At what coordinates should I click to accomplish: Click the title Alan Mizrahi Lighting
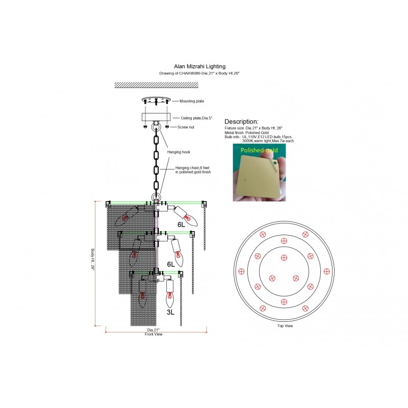[x=199, y=67]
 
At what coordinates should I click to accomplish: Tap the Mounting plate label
[x=192, y=101]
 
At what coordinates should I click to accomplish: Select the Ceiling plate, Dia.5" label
[x=196, y=118]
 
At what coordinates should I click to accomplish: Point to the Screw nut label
[x=186, y=127]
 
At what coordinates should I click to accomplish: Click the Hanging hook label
[x=179, y=152]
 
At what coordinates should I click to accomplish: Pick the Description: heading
[x=241, y=122]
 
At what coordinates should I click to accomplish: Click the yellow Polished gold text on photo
[x=259, y=150]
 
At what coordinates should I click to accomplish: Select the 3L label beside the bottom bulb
[x=170, y=312]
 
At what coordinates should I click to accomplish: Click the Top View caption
[x=285, y=326]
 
